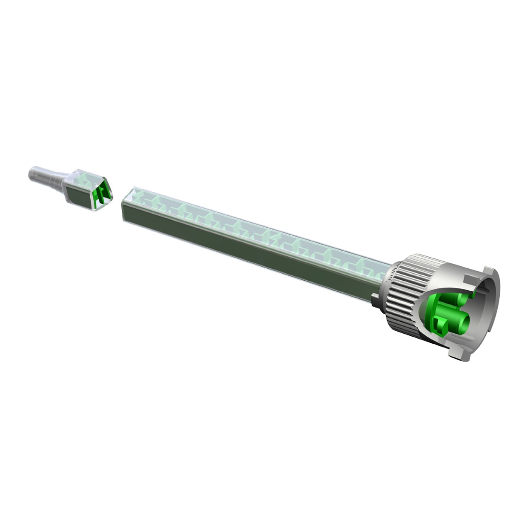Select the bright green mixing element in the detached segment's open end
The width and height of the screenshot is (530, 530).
[101, 193]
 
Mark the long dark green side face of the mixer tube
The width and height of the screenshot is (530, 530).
[248, 248]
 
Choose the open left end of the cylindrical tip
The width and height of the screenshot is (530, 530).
[30, 173]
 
